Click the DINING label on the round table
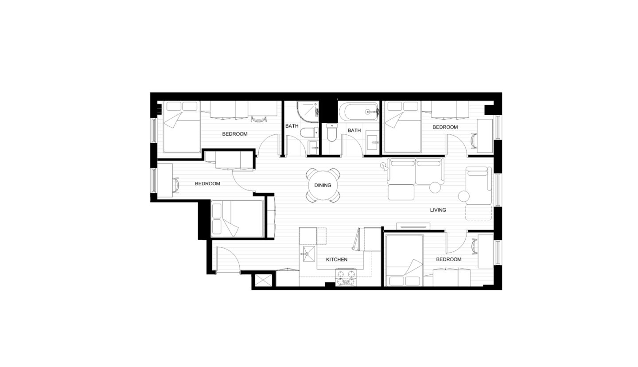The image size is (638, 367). tap(323, 185)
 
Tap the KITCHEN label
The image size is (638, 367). tap(337, 259)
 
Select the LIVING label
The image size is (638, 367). tap(438, 210)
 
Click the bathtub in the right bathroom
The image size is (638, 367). tap(358, 112)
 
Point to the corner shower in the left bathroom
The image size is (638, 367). tap(307, 112)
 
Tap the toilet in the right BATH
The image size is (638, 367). tap(332, 132)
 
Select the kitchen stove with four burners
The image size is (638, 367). tap(346, 277)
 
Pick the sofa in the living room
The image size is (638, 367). tap(415, 171)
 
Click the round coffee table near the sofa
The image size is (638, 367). tap(435, 187)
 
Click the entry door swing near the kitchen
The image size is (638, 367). tap(227, 259)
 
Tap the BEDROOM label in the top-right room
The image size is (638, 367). tap(445, 127)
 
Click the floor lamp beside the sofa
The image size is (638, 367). tap(383, 167)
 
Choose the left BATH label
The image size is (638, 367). tap(292, 126)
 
